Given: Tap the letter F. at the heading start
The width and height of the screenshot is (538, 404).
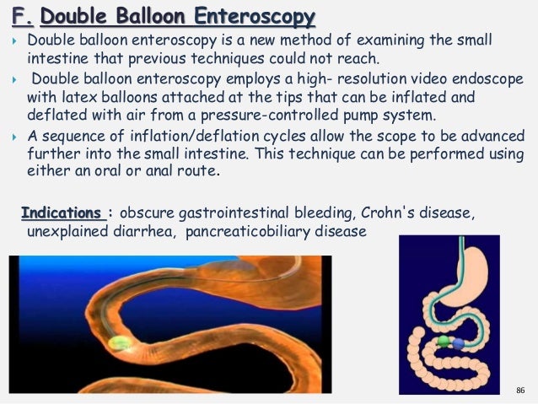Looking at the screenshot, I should coord(16,16).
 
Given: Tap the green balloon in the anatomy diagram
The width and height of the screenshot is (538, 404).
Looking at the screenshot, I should coord(442,342).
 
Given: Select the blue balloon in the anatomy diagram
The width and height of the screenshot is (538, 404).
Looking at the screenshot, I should coord(458,344).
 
